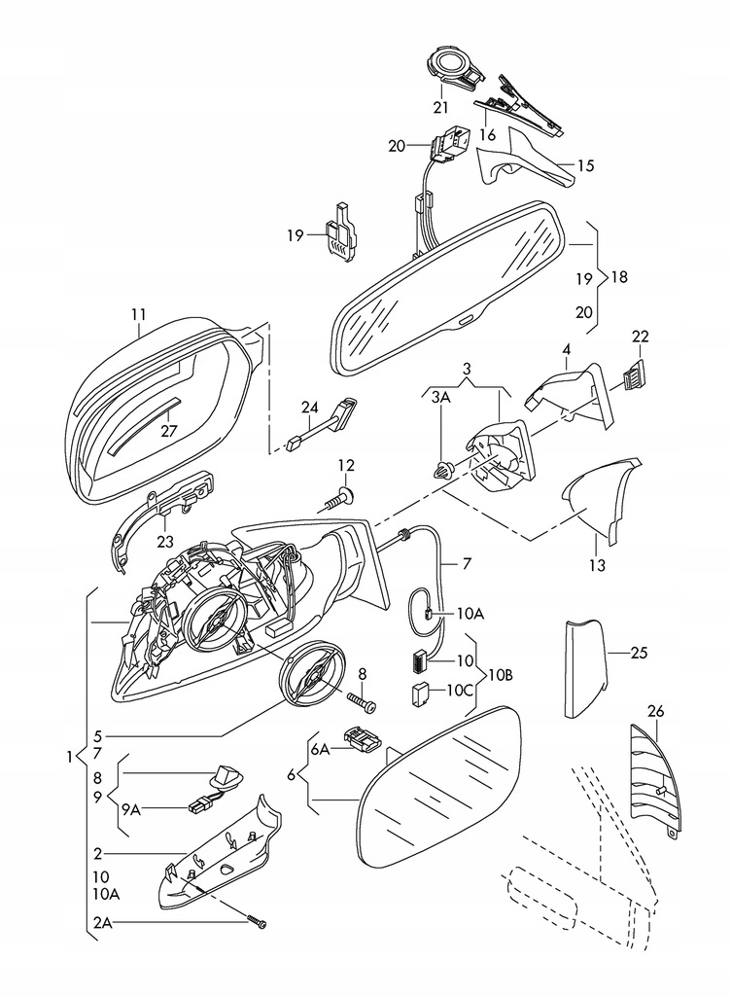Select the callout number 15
pos(584,166)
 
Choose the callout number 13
pos(596,565)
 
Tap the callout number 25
pos(638,653)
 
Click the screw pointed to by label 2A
pos(256,925)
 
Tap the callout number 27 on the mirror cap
pos(169,431)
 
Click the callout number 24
pos(309,407)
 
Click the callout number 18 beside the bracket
pos(619,276)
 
